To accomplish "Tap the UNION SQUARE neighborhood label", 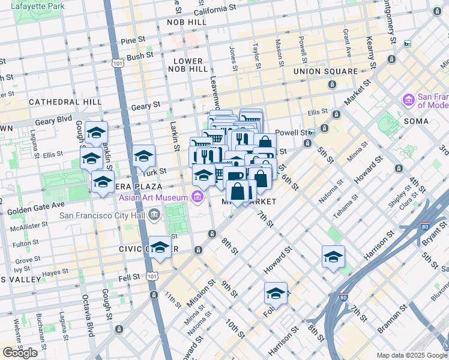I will coord(325,71).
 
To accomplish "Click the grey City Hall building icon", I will coord(155,214).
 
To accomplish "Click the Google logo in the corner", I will coord(20,352).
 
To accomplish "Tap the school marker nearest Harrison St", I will coord(333,257).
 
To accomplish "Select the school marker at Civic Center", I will coord(160,247).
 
